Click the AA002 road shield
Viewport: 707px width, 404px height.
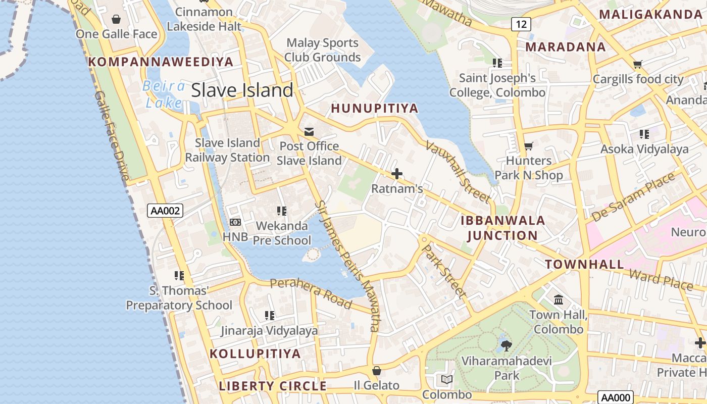pyautogui.click(x=165, y=211)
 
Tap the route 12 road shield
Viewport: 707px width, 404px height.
pyautogui.click(x=521, y=24)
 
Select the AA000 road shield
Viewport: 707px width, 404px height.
pyautogui.click(x=614, y=397)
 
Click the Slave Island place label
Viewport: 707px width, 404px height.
pyautogui.click(x=242, y=90)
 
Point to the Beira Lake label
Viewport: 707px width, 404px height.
pyautogui.click(x=164, y=94)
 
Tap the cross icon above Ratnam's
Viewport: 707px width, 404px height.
pyautogui.click(x=397, y=174)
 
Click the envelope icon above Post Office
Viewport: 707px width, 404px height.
pyautogui.click(x=309, y=132)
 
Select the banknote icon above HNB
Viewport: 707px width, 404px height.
pyautogui.click(x=235, y=222)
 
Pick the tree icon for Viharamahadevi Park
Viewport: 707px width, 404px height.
pyautogui.click(x=506, y=346)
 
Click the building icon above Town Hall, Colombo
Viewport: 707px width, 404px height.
pyautogui.click(x=559, y=300)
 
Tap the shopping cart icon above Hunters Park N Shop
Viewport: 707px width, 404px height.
pyautogui.click(x=528, y=146)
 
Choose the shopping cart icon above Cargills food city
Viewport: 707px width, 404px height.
pyautogui.click(x=637, y=64)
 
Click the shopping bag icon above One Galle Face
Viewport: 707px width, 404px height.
pyautogui.click(x=116, y=19)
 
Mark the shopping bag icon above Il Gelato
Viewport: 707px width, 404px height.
pyautogui.click(x=376, y=371)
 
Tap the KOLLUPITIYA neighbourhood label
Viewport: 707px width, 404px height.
pyautogui.click(x=255, y=353)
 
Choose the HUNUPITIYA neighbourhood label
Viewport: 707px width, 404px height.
pyautogui.click(x=374, y=108)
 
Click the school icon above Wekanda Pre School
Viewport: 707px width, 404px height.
pyautogui.click(x=281, y=211)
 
